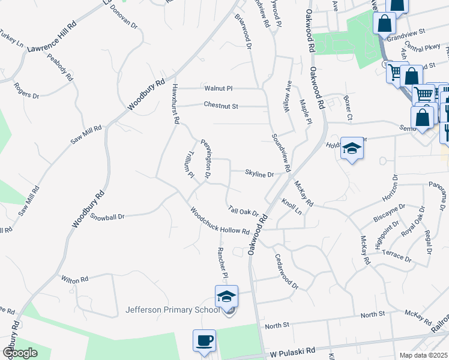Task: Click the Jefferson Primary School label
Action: [172, 310]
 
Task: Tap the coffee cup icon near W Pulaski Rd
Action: [204, 341]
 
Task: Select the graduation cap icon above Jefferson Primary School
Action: [226, 296]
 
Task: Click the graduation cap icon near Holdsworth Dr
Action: [352, 149]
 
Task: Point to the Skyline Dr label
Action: [259, 174]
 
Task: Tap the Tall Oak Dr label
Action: [244, 211]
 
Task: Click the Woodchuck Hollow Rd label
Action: [220, 221]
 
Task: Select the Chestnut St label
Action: [221, 106]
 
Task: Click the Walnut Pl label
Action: [218, 88]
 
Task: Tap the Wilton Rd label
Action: [75, 279]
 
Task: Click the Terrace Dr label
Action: [397, 256]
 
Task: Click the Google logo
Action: [20, 352]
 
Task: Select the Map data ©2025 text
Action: [423, 355]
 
